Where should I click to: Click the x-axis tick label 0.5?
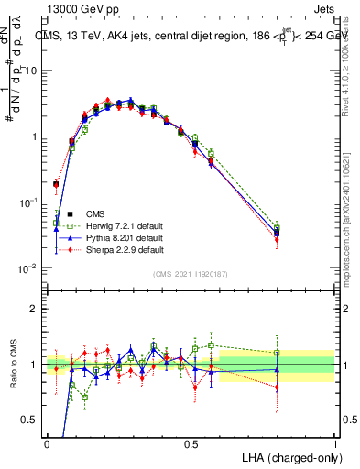click(191, 443)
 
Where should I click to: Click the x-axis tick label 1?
click(334, 443)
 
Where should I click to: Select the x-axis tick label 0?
click(47, 443)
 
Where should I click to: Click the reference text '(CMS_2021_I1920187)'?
click(191, 274)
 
